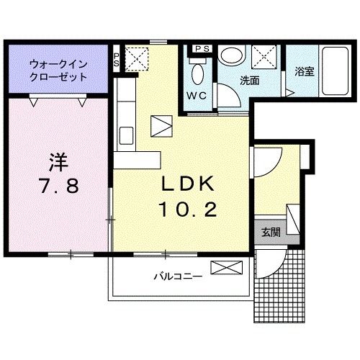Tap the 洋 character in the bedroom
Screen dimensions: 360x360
click(x=58, y=159)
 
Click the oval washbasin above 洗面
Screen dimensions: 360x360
click(x=232, y=55)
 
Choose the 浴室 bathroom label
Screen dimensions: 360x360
click(x=303, y=72)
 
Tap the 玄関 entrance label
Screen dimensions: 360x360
click(x=271, y=232)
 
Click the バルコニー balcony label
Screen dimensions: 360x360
click(x=177, y=275)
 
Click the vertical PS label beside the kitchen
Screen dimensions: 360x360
click(x=117, y=60)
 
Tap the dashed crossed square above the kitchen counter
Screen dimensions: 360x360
click(x=137, y=57)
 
